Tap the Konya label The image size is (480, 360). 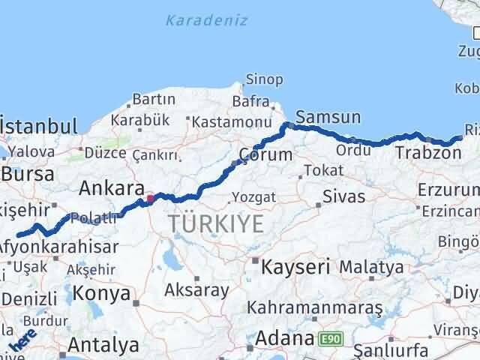click(x=103, y=293)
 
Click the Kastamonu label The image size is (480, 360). click(x=230, y=121)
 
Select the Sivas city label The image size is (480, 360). click(x=343, y=197)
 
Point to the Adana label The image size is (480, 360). click(x=284, y=338)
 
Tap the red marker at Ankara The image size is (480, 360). click(x=150, y=199)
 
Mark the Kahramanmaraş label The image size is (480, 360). click(x=315, y=308)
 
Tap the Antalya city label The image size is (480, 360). click(x=103, y=345)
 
